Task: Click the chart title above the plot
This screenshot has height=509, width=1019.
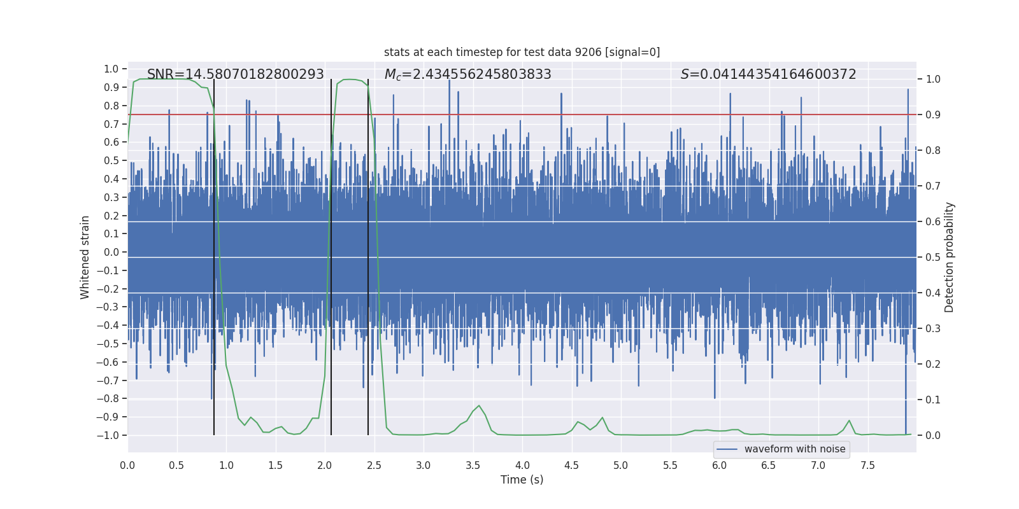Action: click(x=522, y=52)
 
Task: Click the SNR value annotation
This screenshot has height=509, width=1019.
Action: click(x=235, y=74)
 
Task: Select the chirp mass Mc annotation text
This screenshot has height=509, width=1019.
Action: click(x=467, y=74)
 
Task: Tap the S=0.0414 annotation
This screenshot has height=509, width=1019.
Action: click(x=768, y=74)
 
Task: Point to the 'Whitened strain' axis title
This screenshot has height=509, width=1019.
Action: click(x=85, y=257)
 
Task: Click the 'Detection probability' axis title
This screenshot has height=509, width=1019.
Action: click(x=949, y=257)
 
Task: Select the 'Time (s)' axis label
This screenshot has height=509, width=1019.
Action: click(x=522, y=480)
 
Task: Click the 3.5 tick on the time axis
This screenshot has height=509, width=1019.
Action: click(x=473, y=465)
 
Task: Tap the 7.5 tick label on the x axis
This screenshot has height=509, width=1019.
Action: click(x=867, y=465)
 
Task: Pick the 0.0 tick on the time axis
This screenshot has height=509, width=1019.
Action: click(x=127, y=465)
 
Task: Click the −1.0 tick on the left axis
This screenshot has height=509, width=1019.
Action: click(x=108, y=435)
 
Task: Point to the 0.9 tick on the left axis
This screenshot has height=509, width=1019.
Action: click(x=111, y=87)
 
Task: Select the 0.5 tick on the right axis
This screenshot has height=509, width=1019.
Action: click(x=932, y=257)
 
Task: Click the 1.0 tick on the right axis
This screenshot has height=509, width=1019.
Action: click(x=932, y=80)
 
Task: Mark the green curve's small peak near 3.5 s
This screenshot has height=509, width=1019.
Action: click(x=479, y=406)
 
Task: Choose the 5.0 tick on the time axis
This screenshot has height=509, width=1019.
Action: click(x=620, y=465)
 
